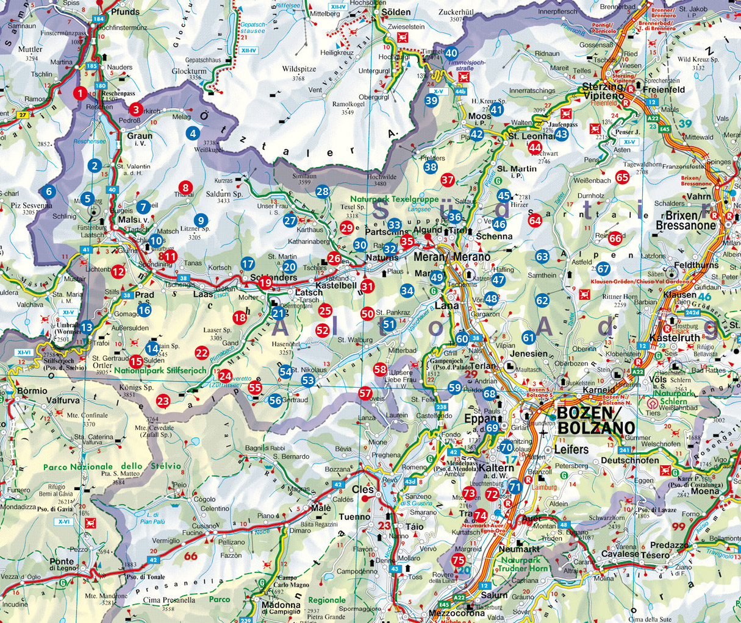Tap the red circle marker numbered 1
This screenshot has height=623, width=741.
click(79, 93)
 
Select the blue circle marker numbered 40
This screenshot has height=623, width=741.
click(451, 54)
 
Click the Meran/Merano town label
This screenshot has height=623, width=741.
click(451, 257)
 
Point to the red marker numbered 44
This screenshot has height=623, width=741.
click(535, 147)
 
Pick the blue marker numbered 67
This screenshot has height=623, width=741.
click(603, 269)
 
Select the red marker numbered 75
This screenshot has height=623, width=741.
click(459, 560)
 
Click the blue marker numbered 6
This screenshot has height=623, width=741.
click(49, 191)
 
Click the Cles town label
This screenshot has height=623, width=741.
click(362, 489)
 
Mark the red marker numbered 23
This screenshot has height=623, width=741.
click(163, 400)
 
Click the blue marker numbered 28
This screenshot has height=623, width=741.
click(323, 192)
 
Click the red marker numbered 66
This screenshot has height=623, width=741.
click(615, 238)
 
